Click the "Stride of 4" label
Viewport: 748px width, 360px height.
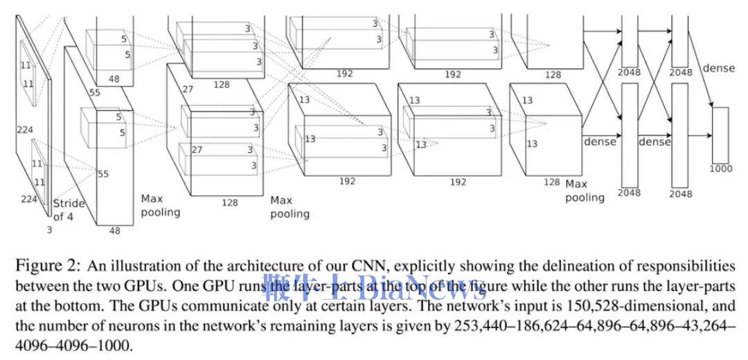click(x=69, y=210)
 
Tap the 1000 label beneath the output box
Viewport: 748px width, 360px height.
click(x=721, y=168)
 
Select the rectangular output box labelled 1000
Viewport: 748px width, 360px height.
click(x=720, y=134)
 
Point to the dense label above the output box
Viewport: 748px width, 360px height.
click(x=718, y=69)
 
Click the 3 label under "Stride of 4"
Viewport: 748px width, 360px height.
click(x=49, y=229)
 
